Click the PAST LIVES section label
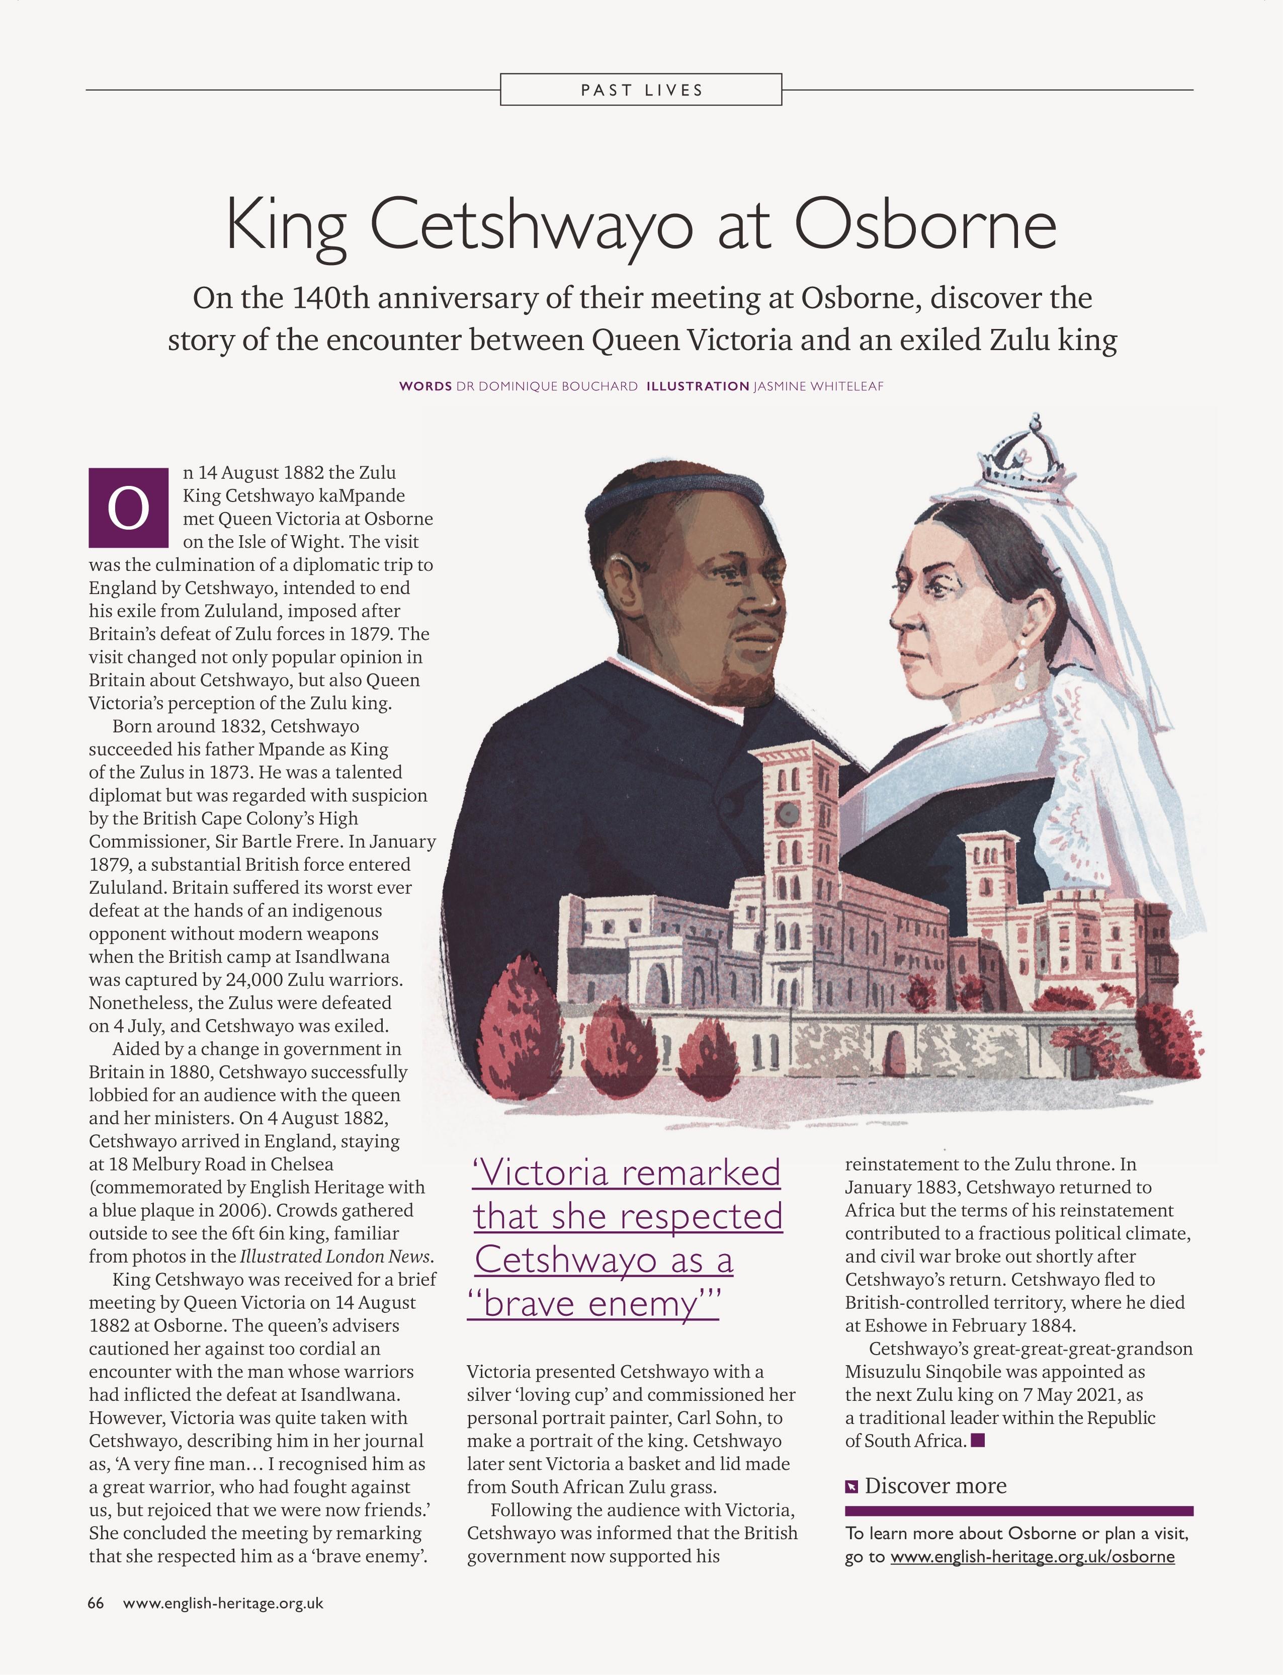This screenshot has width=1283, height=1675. (642, 90)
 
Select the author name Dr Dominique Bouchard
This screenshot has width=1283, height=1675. (546, 386)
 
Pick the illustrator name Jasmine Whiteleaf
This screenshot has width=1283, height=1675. (818, 386)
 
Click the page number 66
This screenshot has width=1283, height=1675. (96, 1603)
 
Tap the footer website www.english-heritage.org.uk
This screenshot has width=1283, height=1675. (223, 1603)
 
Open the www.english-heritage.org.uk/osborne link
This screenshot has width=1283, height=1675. (1033, 1557)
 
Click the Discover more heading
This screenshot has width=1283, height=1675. (935, 1485)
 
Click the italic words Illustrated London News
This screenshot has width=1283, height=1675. (335, 1257)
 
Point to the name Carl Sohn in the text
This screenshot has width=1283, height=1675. (720, 1417)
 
